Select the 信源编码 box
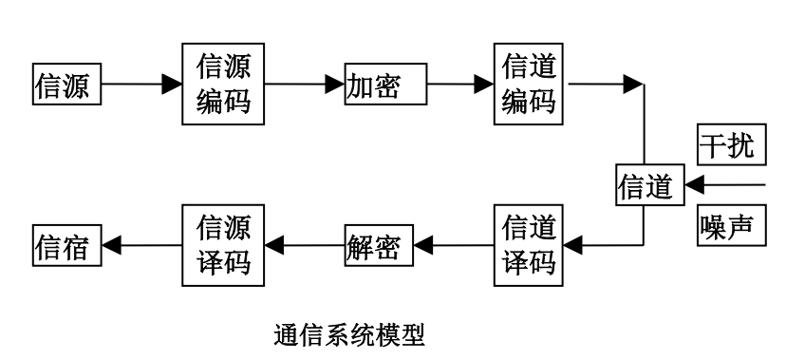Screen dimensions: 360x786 [x=223, y=84]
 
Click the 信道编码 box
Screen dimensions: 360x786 [x=528, y=84]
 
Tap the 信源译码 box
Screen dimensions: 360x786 [x=223, y=246]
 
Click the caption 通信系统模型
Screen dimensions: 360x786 [x=348, y=333]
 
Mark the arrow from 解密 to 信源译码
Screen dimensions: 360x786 [x=304, y=246]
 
